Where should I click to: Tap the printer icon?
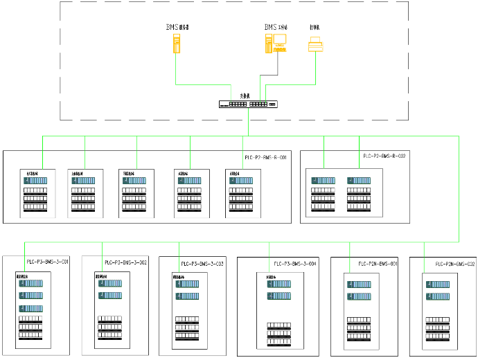coord(315,46)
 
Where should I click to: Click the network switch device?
coord(248,105)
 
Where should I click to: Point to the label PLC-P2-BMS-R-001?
coord(265,158)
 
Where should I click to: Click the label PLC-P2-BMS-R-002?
coord(384,156)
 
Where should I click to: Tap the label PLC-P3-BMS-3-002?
coord(125,262)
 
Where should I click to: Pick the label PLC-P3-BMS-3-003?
coord(202,264)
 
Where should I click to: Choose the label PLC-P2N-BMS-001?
coord(378,264)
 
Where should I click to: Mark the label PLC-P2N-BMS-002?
coord(455,264)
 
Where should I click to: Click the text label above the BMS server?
coord(177,27)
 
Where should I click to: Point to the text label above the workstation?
coord(276,27)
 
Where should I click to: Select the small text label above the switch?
coord(245,96)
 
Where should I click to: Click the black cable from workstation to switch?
coord(278,69)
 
